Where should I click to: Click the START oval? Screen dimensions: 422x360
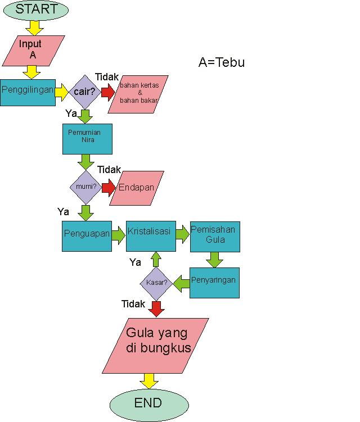pyautogui.click(x=35, y=10)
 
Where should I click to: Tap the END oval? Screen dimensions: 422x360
pyautogui.click(x=148, y=403)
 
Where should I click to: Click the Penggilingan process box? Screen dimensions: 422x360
pyautogui.click(x=28, y=90)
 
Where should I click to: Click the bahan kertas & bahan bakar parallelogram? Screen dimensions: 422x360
pyautogui.click(x=139, y=93)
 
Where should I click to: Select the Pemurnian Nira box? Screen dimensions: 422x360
pyautogui.click(x=87, y=139)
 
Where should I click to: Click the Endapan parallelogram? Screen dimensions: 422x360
pyautogui.click(x=137, y=188)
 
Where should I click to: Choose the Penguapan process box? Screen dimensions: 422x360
pyautogui.click(x=87, y=235)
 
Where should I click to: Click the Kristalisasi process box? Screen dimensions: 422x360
pyautogui.click(x=150, y=235)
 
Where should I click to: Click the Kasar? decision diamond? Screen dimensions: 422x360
pyautogui.click(x=156, y=283)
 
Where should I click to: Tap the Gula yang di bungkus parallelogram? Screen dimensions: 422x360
pyautogui.click(x=156, y=345)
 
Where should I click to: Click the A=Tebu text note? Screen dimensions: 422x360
pyautogui.click(x=222, y=62)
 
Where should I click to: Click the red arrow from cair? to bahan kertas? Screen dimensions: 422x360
pyautogui.click(x=107, y=92)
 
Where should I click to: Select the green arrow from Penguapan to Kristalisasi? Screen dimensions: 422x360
pyautogui.click(x=118, y=235)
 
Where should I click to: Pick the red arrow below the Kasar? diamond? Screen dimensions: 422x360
pyautogui.click(x=156, y=308)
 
